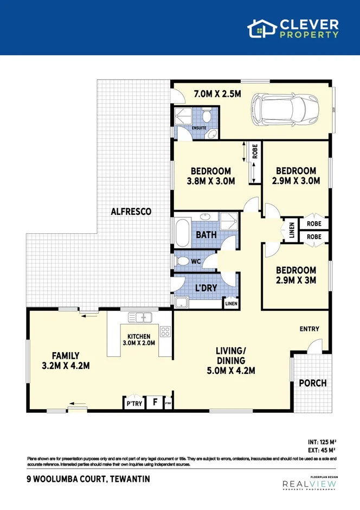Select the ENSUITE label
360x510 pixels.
coord(199,128)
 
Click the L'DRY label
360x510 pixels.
coord(206,288)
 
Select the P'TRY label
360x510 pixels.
coord(133,404)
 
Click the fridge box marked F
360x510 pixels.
coord(155,403)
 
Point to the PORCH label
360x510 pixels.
coord(313,383)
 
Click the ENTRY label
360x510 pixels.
coord(309,329)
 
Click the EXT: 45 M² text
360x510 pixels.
coord(322,450)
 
